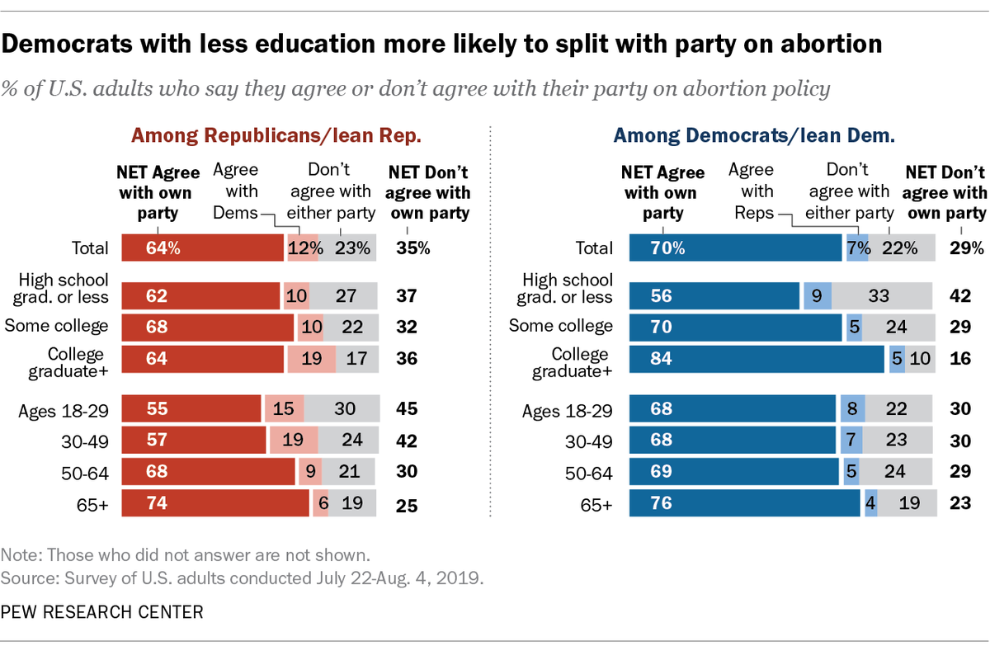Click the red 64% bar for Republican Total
coord(202,247)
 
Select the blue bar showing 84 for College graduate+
coord(757,359)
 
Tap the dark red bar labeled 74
coord(215,503)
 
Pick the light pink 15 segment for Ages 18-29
coord(284,408)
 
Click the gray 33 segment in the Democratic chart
coord(882,295)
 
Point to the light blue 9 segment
coord(818,295)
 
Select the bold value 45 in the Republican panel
coord(407,408)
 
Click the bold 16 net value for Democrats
coord(960,359)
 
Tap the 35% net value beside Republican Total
coord(412,248)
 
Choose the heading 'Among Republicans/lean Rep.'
coord(276,135)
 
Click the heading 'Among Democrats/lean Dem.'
coord(754,135)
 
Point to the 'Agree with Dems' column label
coord(236,191)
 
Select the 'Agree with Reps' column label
coord(753,191)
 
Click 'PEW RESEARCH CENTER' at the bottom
coord(102,612)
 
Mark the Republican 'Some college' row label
coord(56,326)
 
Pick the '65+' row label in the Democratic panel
coord(596,505)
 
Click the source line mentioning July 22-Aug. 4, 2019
coord(242,578)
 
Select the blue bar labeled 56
coord(714,295)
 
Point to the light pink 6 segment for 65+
coord(321,503)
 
